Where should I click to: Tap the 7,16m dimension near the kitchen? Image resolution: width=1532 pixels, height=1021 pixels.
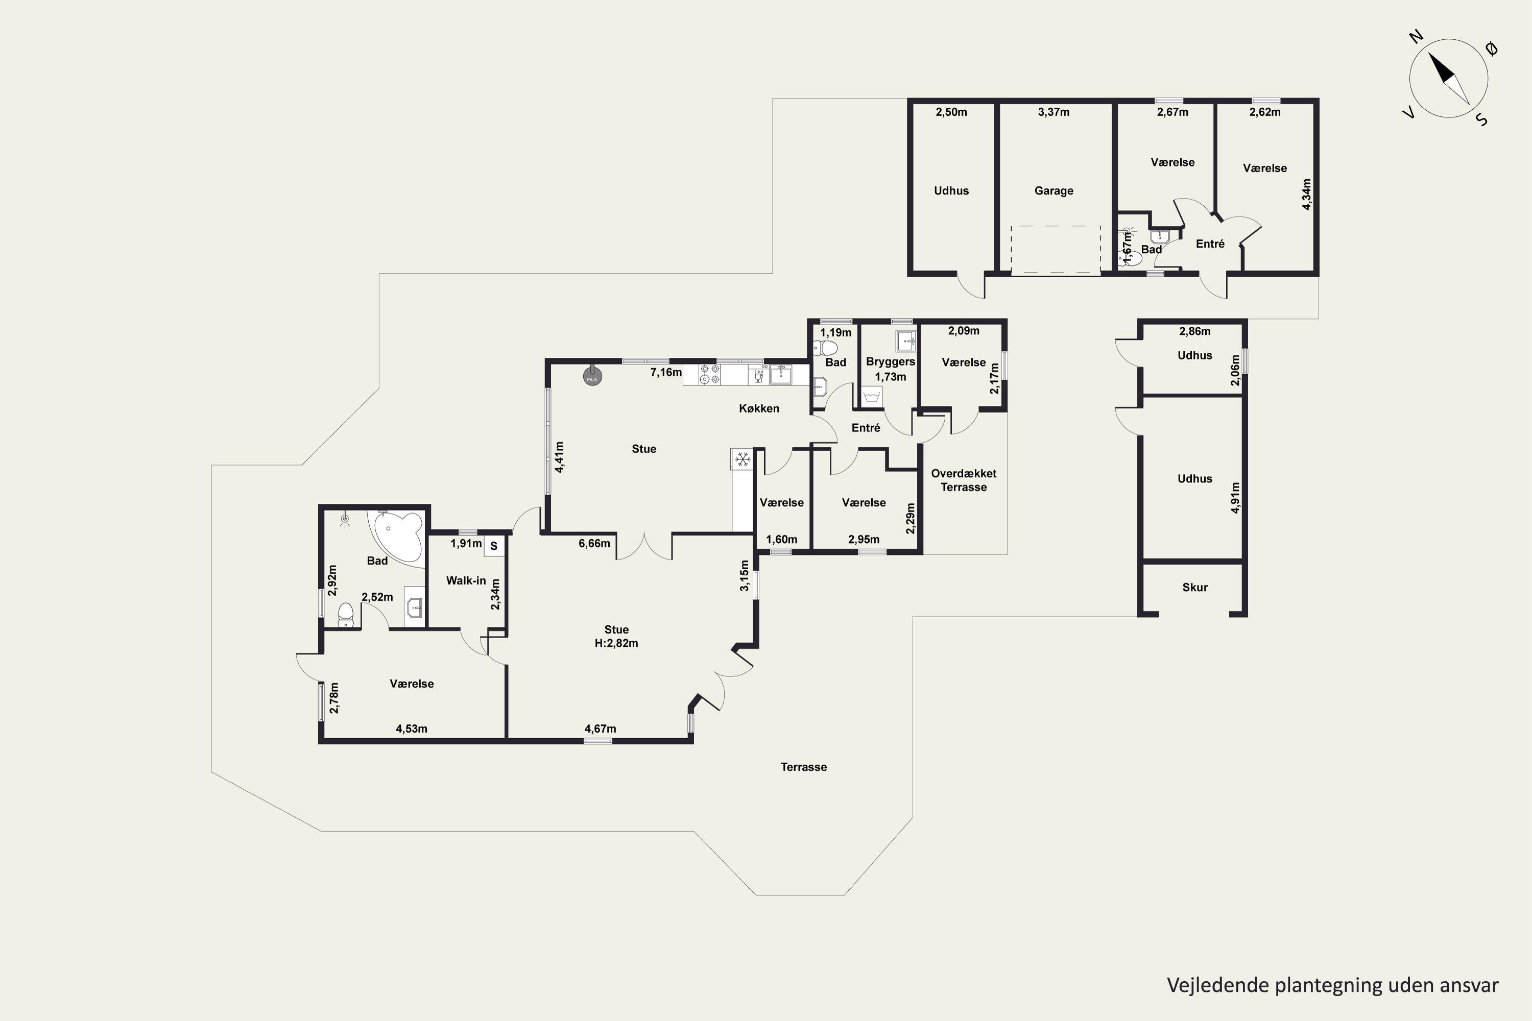tap(666, 373)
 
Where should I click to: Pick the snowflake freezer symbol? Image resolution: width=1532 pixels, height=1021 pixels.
tap(742, 460)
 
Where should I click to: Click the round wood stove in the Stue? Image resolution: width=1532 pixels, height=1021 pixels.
tap(592, 376)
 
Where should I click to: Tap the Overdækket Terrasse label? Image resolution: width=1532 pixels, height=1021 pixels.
tap(963, 480)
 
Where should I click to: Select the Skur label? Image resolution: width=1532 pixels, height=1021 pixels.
tap(1194, 588)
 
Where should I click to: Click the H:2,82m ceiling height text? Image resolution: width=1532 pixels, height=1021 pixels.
tap(616, 643)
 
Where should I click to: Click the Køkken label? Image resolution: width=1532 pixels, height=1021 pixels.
tap(759, 408)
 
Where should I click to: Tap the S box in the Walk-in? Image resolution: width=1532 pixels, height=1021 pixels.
tap(494, 546)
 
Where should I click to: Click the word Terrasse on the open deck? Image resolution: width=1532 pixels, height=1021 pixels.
tap(804, 767)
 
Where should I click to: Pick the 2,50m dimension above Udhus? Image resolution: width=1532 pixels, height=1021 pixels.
tap(951, 112)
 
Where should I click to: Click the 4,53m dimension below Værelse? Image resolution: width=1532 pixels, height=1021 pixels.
tap(412, 728)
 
